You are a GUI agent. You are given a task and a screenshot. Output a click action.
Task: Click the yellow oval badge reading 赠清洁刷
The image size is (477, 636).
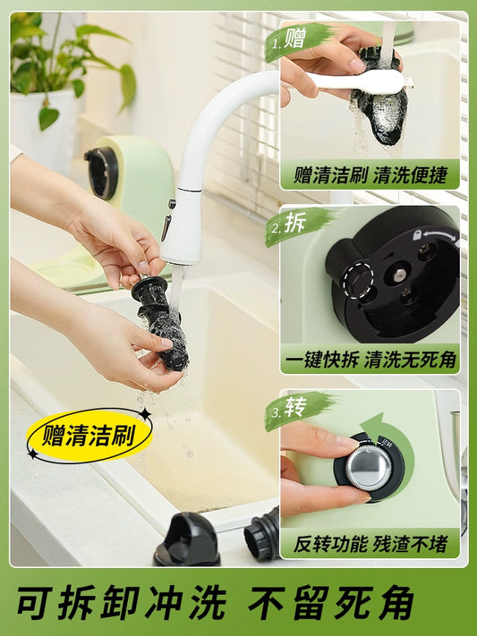pos(89,436)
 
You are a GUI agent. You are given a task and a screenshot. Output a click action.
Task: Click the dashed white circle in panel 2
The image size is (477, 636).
pos(358,280)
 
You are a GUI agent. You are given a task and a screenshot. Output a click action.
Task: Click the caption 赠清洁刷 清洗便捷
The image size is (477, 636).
pos(371,175)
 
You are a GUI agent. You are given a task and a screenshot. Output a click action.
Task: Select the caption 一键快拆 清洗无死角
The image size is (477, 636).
pos(371,360)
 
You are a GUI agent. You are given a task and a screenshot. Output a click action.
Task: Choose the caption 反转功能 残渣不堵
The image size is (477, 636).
pos(371,544)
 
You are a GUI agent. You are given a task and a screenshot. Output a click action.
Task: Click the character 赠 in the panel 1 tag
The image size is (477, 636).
pos(294,38)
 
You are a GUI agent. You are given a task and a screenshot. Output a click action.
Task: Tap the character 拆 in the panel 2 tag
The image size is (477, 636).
pos(295,222)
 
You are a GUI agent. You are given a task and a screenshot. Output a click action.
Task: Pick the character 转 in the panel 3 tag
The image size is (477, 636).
pos(295,407)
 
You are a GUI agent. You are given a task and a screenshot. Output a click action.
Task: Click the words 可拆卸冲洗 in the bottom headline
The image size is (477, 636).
pos(122,603)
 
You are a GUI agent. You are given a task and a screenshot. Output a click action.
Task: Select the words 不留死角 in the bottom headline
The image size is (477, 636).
pos(332,603)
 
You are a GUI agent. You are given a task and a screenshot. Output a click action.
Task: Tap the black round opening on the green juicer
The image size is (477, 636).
pos(101,174)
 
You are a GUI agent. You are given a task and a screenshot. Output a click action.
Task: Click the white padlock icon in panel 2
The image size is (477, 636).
pos(416,234)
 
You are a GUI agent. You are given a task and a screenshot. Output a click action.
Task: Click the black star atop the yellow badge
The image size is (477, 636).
pos(145,414)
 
